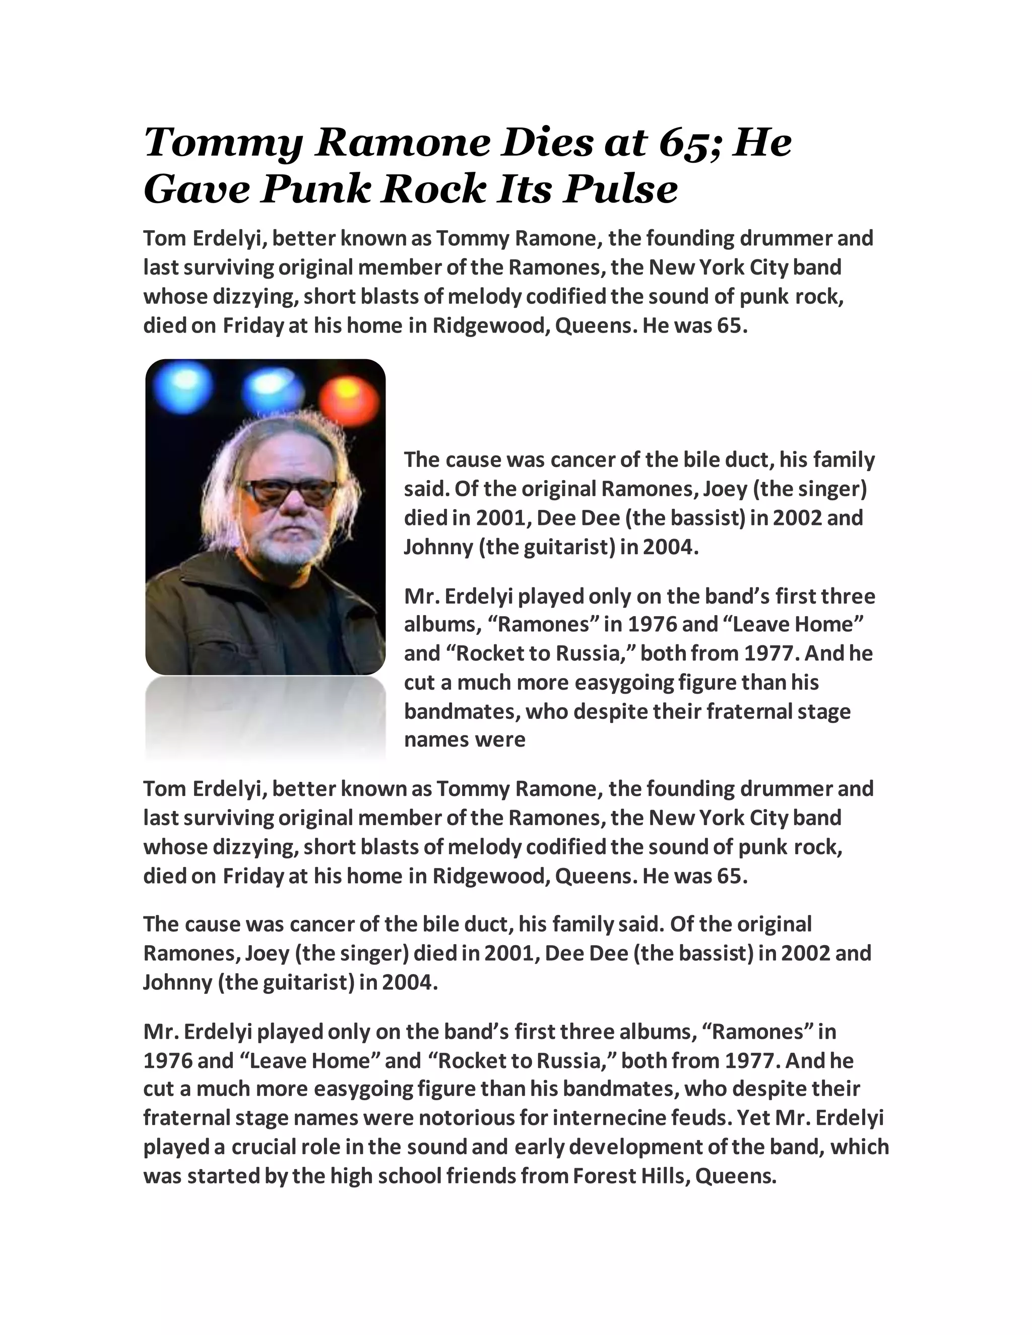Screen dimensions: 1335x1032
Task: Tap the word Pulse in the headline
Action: coord(620,189)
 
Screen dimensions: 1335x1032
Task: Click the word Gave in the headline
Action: coord(196,189)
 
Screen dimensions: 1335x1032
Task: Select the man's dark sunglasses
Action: coord(289,492)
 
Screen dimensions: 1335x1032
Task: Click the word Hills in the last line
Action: coord(664,1175)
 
